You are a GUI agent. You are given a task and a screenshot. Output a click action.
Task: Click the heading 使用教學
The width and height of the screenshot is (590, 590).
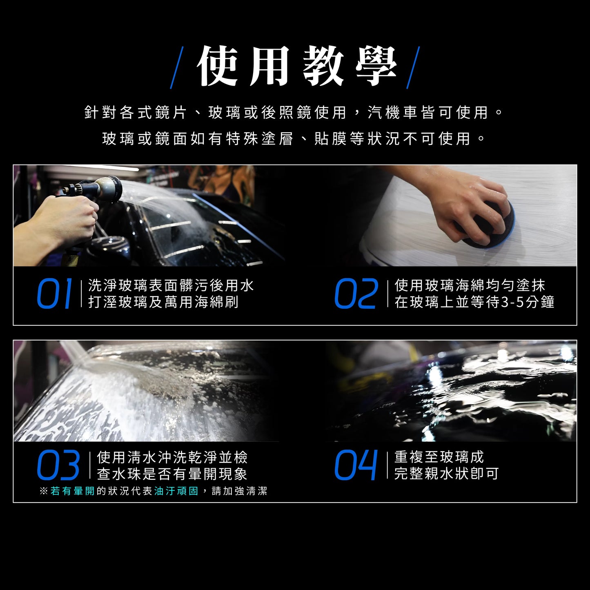296,67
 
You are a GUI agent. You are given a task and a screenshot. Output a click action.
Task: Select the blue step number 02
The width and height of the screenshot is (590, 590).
356,293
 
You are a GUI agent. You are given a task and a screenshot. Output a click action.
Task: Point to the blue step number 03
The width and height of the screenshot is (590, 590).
58,465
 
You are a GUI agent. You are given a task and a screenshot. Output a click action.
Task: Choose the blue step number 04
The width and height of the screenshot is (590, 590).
356,465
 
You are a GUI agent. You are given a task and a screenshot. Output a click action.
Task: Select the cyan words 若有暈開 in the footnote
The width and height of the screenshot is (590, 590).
73,491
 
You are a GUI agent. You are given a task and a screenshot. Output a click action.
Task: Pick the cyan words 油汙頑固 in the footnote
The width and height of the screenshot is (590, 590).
176,491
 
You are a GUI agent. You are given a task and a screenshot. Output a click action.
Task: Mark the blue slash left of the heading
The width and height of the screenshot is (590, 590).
177,68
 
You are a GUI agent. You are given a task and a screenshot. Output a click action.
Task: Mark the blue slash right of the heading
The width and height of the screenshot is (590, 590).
413,68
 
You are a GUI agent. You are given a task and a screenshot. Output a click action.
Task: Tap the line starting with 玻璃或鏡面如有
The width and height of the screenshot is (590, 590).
294,139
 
